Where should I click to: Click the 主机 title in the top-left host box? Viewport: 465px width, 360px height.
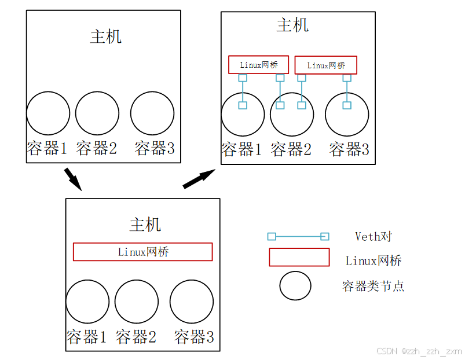[x=106, y=36]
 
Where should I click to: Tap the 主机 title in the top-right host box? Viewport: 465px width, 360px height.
[x=292, y=25]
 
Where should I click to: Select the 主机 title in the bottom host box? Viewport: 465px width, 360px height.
[x=145, y=225]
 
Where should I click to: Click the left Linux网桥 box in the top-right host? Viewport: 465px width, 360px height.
[x=258, y=65]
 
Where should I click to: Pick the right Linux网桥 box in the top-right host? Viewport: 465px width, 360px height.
[x=326, y=65]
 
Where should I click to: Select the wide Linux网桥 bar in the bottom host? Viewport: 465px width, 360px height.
[x=142, y=252]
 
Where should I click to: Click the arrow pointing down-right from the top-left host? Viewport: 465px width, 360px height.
[x=72, y=179]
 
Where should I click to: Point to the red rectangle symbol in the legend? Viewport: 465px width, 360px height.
[x=299, y=257]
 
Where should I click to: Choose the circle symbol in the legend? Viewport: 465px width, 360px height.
[x=295, y=285]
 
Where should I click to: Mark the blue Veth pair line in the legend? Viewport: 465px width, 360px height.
[x=298, y=236]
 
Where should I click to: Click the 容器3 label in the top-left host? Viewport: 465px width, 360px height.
[x=155, y=148]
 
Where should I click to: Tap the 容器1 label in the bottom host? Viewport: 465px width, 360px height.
[x=86, y=336]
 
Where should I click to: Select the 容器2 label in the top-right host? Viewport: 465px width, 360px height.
[x=291, y=150]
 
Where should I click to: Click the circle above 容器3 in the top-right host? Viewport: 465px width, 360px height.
[x=347, y=114]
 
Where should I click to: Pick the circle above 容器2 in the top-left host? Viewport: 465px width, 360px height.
[x=97, y=113]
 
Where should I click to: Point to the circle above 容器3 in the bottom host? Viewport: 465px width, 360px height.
[x=192, y=302]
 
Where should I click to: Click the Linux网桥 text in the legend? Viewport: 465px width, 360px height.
[x=374, y=260]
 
